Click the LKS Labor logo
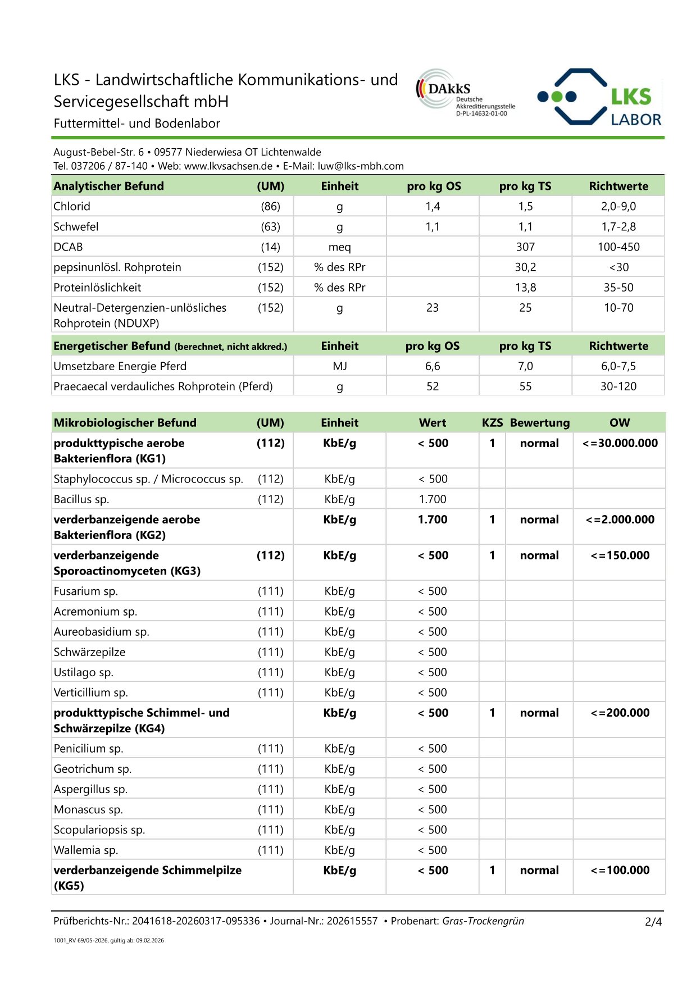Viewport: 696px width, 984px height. point(599,97)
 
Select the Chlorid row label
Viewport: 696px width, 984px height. point(72,206)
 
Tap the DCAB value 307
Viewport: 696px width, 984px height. point(525,247)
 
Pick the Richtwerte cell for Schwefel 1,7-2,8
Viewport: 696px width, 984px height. point(618,226)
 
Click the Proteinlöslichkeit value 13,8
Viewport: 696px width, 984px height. point(525,287)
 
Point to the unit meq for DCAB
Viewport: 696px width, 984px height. point(339,247)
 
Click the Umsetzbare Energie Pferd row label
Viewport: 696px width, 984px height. point(120,366)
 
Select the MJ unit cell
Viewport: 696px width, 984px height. point(339,366)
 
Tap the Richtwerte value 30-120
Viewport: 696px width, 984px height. point(618,386)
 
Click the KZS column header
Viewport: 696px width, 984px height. point(492,422)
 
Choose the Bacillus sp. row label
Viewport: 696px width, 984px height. point(81,499)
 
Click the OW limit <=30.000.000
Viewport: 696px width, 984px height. point(620,443)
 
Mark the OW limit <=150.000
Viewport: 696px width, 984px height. point(620,555)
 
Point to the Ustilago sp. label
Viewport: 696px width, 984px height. point(83,672)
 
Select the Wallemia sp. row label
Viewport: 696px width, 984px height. point(85,850)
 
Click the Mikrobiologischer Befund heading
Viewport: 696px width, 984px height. point(125,422)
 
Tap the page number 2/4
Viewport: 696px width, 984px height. point(653,922)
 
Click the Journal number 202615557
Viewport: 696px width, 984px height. point(352,921)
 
